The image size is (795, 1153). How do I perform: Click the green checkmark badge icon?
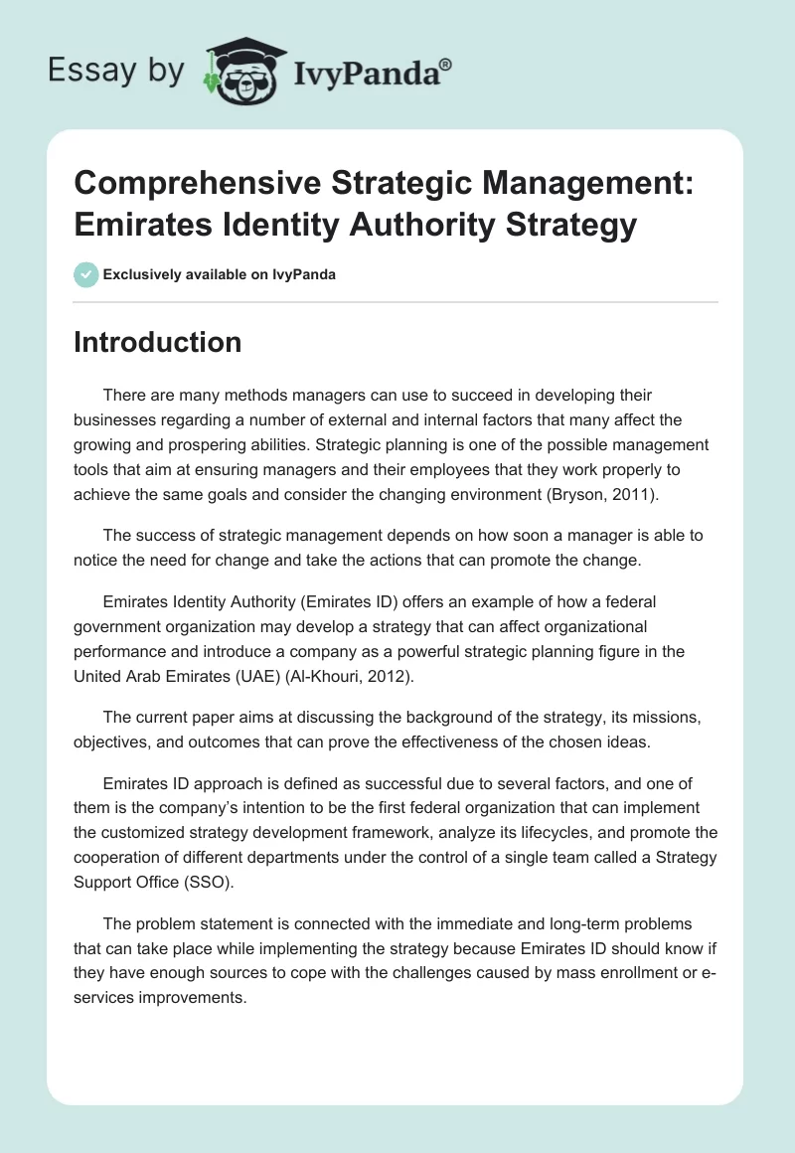(86, 274)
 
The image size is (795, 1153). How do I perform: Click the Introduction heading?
(158, 342)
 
